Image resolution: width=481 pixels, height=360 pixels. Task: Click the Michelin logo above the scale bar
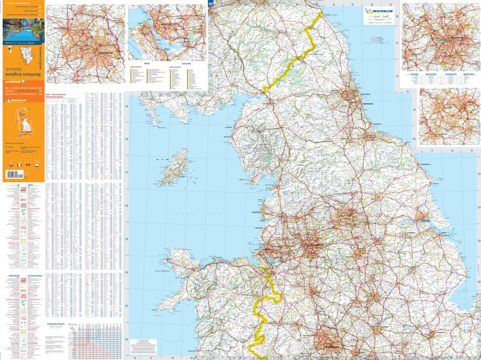[x=379, y=11]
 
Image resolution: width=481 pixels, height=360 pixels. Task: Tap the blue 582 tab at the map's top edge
[x=211, y=3]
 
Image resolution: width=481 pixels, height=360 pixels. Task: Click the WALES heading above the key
[x=147, y=63]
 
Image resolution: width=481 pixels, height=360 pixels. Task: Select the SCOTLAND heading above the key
[x=186, y=63]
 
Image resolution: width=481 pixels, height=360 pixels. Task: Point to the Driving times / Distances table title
[x=55, y=323]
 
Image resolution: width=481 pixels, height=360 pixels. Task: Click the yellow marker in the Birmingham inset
[x=115, y=56]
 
